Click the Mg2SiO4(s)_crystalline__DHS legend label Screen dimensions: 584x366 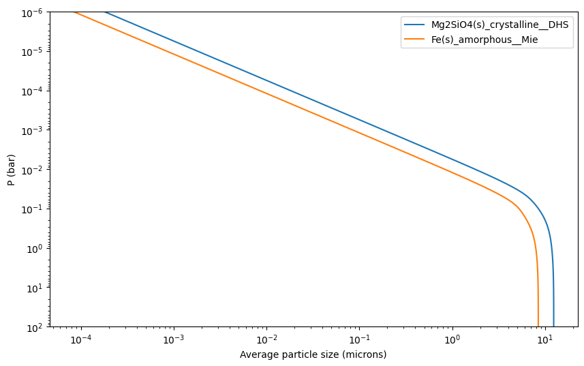tap(500, 25)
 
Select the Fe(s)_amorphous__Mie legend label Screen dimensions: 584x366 tap(485, 40)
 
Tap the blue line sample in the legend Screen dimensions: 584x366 tap(414, 25)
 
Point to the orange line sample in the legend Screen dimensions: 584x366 tap(414, 39)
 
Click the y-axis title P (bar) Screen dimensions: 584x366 tap(11, 170)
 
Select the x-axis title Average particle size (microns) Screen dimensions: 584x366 tap(313, 354)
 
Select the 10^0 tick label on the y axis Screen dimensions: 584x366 tap(36, 249)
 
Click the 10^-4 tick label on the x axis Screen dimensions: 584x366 tap(81, 339)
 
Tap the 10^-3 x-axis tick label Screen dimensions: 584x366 tap(174, 339)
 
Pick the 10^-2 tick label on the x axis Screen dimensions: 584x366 tap(266, 339)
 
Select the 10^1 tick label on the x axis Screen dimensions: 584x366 tap(545, 339)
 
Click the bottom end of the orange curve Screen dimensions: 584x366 tap(538, 326)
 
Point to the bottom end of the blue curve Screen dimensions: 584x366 tap(554, 326)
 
